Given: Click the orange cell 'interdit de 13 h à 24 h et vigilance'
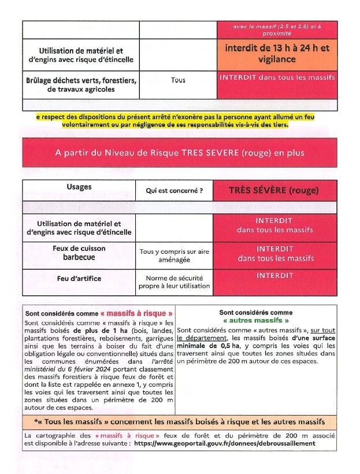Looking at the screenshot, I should (277, 54).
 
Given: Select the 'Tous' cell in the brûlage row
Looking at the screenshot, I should (178, 80).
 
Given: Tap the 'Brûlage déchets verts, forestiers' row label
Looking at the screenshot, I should (81, 84).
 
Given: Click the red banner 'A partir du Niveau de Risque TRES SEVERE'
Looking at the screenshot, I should (179, 153).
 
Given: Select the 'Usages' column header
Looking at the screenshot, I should (79, 187).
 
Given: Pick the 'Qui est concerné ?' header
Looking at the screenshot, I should (174, 190).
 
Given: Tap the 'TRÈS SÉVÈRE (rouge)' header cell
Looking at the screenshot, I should (274, 190).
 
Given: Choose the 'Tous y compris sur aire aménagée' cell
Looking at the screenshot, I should (174, 255).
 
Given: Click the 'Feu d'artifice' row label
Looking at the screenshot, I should (79, 279).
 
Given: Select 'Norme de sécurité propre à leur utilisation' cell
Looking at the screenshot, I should (174, 282).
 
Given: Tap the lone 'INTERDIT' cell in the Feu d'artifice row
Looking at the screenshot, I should (274, 276).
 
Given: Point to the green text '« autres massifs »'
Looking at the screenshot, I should (255, 320).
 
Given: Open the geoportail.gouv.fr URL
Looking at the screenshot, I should (225, 443).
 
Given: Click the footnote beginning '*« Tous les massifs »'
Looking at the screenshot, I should (179, 422).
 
